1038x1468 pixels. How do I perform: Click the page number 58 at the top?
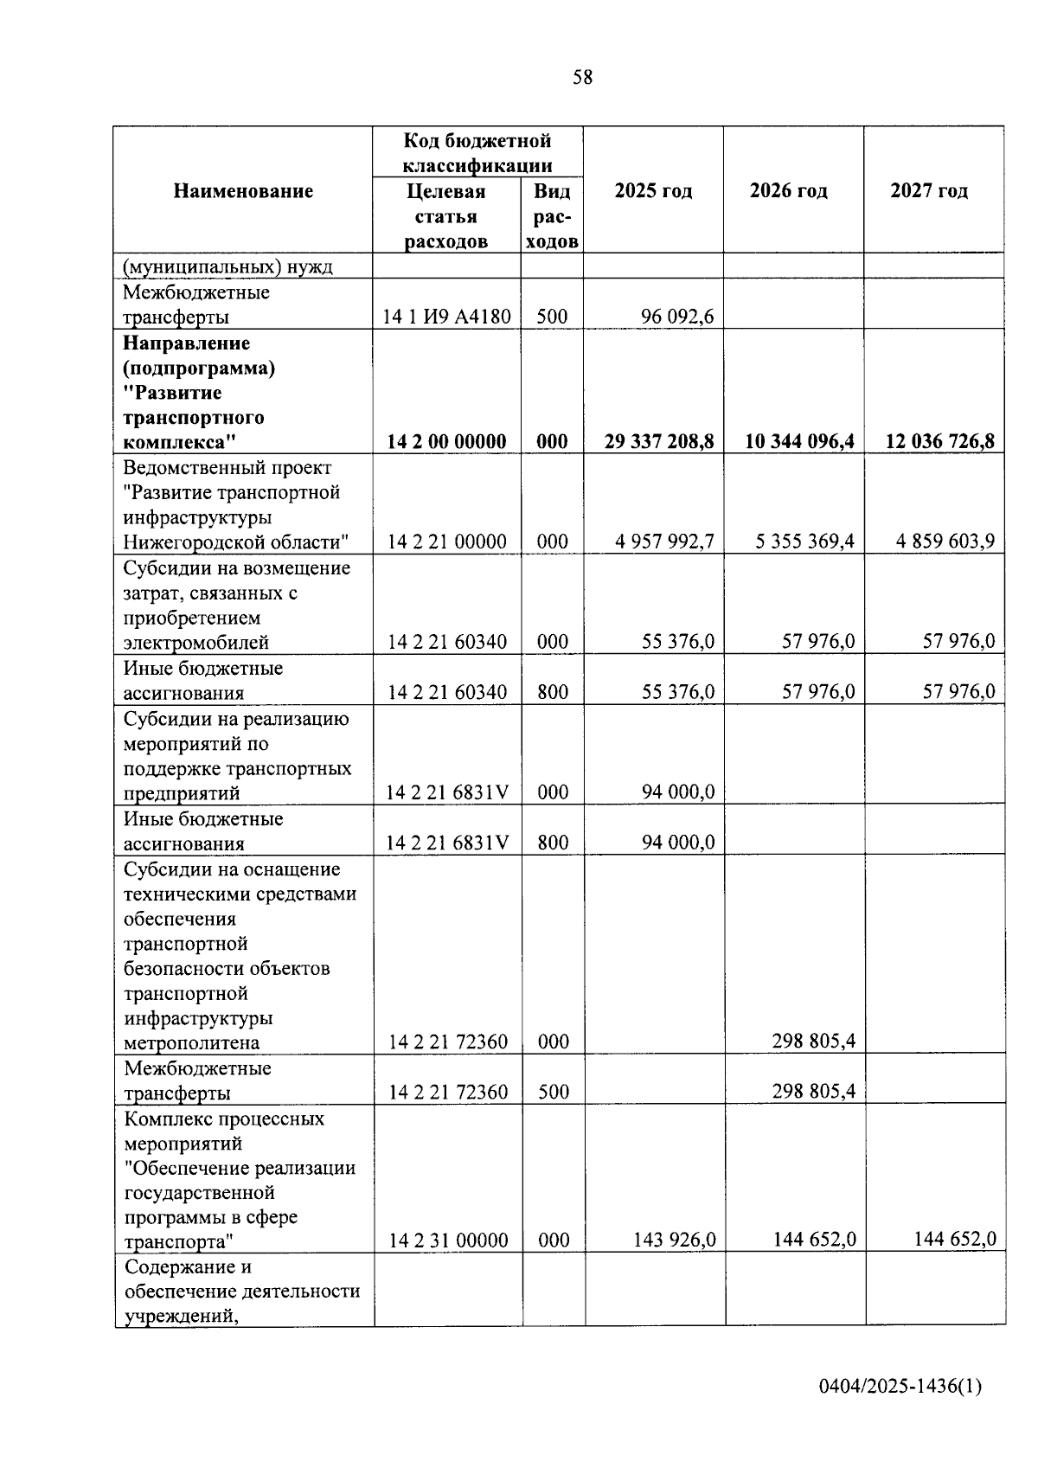(583, 78)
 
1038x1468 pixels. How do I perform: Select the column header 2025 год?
(653, 191)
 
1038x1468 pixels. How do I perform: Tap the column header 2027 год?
(929, 191)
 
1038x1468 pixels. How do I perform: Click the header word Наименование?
(243, 191)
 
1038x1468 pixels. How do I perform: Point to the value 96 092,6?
(677, 317)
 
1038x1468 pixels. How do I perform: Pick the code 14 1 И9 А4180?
(447, 317)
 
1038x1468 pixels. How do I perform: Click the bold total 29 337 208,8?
(659, 442)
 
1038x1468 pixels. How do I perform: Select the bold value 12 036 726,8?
(939, 442)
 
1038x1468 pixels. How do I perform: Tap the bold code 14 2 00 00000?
(446, 442)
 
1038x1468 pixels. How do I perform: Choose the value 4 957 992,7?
(664, 542)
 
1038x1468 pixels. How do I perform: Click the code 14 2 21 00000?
(447, 542)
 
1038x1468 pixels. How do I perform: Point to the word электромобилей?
(196, 643)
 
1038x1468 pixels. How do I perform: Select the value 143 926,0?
(674, 1240)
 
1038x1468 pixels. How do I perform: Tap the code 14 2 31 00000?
(448, 1241)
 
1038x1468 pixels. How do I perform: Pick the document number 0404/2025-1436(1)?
(900, 1387)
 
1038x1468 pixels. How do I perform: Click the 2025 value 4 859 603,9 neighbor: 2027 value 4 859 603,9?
(945, 542)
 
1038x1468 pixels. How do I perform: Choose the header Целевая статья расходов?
(446, 216)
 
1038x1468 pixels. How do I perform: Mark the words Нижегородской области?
(235, 542)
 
